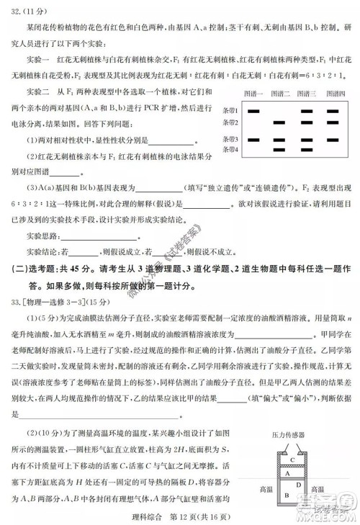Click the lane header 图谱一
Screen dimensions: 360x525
tap(253, 94)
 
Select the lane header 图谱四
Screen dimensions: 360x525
tap(334, 94)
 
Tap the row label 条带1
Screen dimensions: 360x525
tap(230, 112)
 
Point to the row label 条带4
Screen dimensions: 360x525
tap(230, 149)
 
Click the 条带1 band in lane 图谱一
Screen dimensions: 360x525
tap(253, 112)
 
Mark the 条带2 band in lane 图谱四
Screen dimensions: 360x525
tap(333, 122)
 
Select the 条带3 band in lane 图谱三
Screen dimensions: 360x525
tap(307, 139)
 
